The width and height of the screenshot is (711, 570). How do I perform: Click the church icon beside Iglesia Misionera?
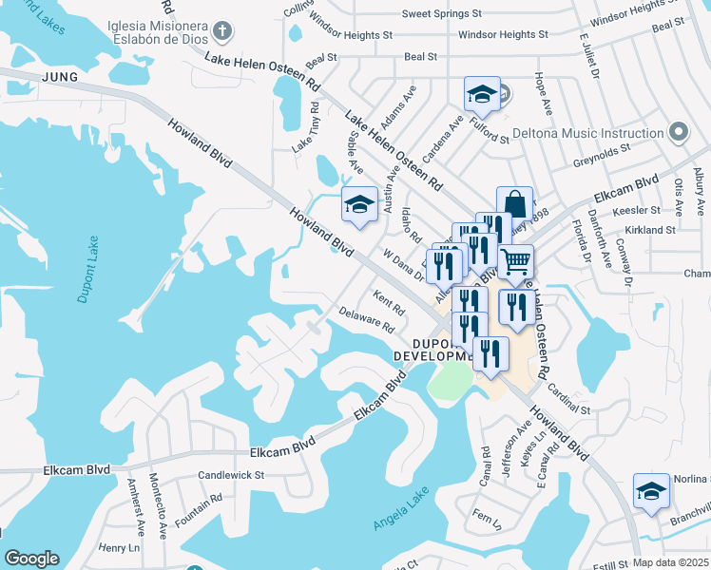(222, 30)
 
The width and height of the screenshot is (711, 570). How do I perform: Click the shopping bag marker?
(513, 204)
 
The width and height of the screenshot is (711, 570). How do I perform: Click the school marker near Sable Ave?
(359, 205)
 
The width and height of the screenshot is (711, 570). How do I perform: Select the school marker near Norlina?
(651, 491)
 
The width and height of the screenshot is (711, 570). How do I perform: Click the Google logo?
(31, 559)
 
